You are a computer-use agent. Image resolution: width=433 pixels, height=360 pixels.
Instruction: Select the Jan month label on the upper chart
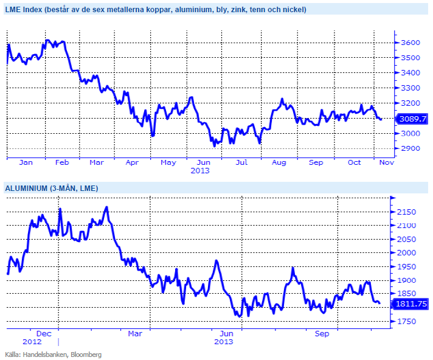click(26, 163)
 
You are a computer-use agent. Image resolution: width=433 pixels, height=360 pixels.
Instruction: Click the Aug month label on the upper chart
click(279, 163)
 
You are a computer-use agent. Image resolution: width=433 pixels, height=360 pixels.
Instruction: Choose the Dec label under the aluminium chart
click(43, 333)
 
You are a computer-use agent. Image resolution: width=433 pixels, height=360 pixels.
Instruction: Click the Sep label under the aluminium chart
click(322, 333)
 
